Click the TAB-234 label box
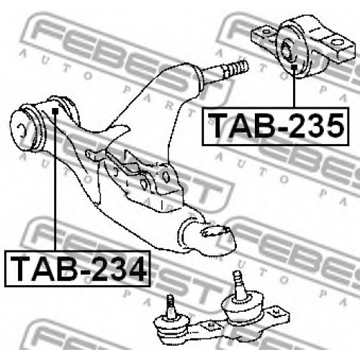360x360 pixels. (77, 268)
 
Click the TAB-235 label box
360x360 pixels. (276, 126)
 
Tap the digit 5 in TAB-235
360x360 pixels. (335, 126)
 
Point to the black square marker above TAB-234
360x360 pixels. (55, 111)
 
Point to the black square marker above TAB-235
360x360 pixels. (294, 67)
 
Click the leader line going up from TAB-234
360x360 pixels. (55, 182)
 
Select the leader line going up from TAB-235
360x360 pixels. (294, 89)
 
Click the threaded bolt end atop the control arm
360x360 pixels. (235, 68)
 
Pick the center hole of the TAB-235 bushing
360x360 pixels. (287, 49)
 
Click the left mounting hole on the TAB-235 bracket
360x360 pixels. (266, 32)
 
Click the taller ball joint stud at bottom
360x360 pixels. (239, 286)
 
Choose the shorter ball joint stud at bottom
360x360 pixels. (171, 307)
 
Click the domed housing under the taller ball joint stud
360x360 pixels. (243, 308)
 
